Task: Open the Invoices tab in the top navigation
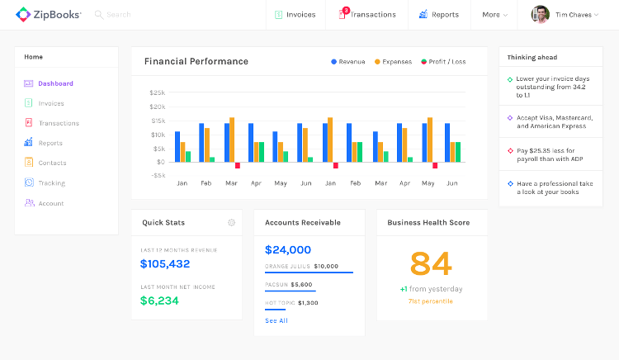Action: click(295, 15)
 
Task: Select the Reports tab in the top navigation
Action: click(438, 15)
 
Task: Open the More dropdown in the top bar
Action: click(494, 15)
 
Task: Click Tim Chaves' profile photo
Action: click(540, 15)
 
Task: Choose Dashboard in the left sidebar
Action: click(55, 83)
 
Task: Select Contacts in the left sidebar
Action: click(52, 163)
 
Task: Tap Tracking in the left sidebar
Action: click(51, 183)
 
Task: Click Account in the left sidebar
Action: click(50, 203)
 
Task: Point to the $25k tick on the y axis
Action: click(157, 93)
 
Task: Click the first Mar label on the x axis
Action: click(231, 182)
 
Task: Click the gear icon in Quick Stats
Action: click(231, 222)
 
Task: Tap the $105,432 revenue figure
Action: click(165, 264)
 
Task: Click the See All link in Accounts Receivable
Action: click(276, 320)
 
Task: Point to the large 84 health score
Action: click(431, 263)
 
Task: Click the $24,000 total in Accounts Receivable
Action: click(288, 249)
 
